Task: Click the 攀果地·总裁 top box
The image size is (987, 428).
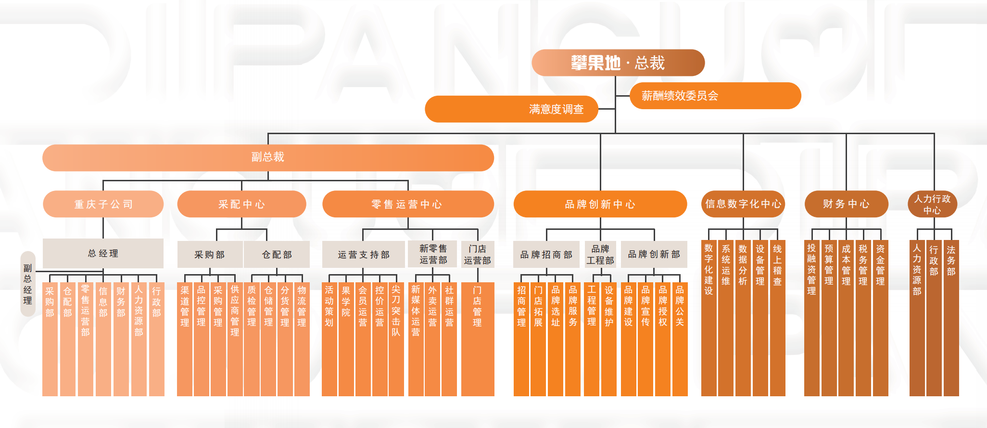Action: (x=618, y=63)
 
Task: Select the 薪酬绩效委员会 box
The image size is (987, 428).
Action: (x=715, y=96)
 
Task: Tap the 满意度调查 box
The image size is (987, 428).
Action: (x=511, y=109)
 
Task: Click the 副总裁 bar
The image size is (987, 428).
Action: (x=268, y=157)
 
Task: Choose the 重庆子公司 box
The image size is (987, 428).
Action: (x=103, y=204)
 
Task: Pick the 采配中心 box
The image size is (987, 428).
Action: (x=241, y=204)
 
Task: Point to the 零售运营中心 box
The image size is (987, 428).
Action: (x=408, y=204)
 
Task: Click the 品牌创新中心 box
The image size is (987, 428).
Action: (x=600, y=204)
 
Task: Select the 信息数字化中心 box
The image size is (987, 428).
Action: (x=743, y=204)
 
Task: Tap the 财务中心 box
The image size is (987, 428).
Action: (x=846, y=204)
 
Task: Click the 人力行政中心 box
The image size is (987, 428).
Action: (x=932, y=204)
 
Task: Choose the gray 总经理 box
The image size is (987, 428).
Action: (x=103, y=253)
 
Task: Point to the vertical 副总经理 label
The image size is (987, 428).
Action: (x=28, y=284)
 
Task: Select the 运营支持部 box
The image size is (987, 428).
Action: (x=363, y=255)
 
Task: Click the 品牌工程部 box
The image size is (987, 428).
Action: (x=600, y=255)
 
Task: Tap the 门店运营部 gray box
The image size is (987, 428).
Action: (x=477, y=255)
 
